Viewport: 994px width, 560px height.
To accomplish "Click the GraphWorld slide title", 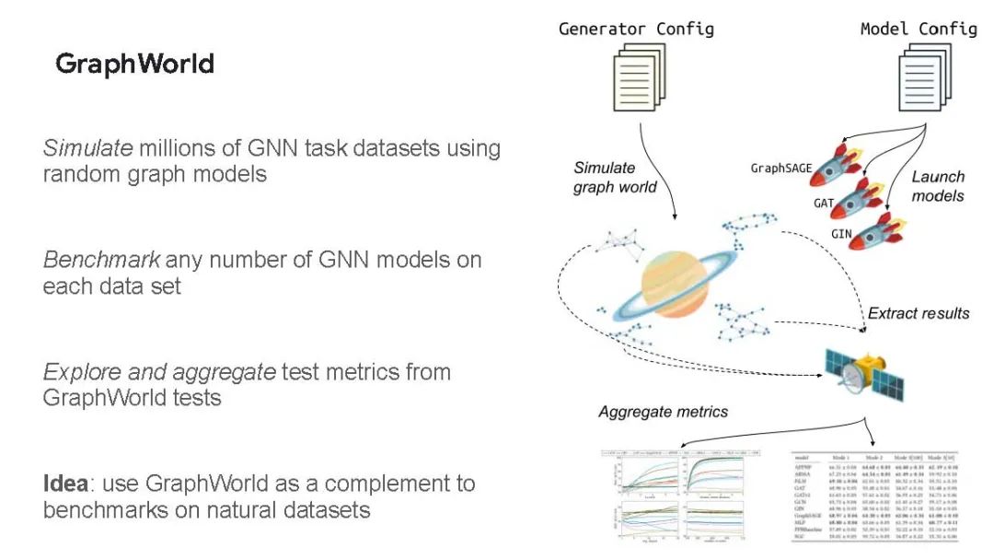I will [134, 64].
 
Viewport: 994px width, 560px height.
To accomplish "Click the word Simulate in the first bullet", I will [81, 148].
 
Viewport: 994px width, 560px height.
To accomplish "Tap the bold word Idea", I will [63, 483].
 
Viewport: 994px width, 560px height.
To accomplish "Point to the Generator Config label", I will [636, 29].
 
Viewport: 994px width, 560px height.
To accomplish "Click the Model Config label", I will [918, 29].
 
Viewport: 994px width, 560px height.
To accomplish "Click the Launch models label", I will [937, 186].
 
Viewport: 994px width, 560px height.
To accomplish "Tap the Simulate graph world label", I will [615, 178].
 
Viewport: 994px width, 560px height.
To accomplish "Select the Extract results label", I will [918, 313].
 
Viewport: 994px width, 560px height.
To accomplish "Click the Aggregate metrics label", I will [663, 412].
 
